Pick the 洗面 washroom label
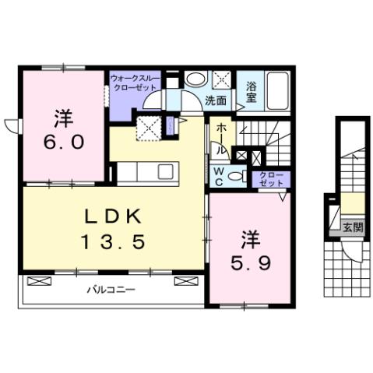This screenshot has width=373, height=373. point(216,100)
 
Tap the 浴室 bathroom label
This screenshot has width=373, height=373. point(252,91)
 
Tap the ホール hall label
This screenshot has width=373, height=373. point(222,139)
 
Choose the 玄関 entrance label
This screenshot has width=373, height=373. point(352,227)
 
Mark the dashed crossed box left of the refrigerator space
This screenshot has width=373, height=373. point(148,127)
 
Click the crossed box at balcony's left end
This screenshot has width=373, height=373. point(36,280)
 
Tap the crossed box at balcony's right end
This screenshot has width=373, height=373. point(185,280)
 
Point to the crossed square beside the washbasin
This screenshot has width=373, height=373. point(221,79)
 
